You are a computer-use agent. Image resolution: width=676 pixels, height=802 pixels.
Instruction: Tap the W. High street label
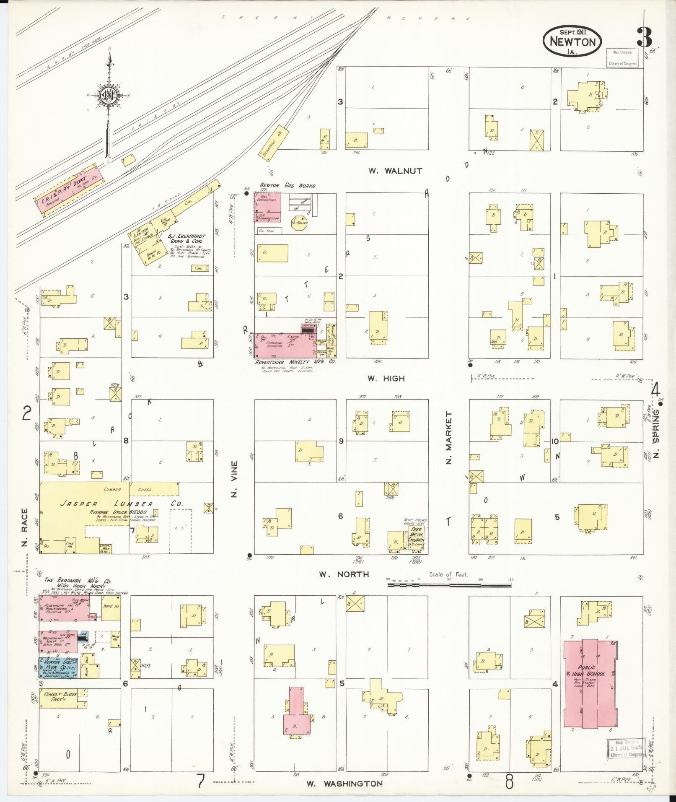[386, 378]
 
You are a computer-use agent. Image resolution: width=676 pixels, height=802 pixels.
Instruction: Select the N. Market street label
[449, 438]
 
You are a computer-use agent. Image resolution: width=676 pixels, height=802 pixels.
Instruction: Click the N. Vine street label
[234, 479]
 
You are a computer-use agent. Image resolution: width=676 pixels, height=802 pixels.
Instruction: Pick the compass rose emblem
[109, 96]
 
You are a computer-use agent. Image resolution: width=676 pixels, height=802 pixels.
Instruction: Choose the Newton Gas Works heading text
[287, 185]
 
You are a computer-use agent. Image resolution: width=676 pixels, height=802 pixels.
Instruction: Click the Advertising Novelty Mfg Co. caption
[295, 361]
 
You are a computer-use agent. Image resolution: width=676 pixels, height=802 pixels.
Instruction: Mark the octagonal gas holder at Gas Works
[300, 223]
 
